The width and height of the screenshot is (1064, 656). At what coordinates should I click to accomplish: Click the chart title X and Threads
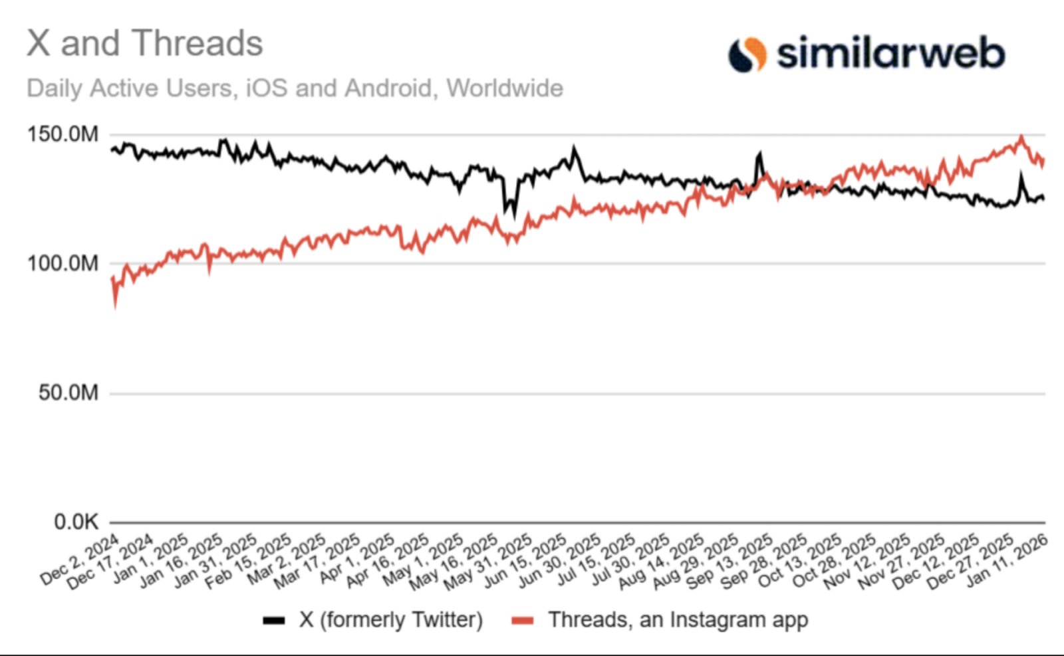click(145, 44)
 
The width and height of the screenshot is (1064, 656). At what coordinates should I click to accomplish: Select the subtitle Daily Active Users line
click(295, 88)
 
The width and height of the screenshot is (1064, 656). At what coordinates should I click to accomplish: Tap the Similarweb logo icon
click(747, 55)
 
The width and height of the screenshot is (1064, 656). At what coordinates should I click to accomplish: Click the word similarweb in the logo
click(891, 53)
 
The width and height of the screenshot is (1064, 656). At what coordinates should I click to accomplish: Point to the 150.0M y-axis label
click(63, 134)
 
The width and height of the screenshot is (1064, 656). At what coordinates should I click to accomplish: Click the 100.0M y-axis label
click(63, 264)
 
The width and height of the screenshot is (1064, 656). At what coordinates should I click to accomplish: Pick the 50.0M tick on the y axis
click(68, 393)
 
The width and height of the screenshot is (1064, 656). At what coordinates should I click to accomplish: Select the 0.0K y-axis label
click(76, 522)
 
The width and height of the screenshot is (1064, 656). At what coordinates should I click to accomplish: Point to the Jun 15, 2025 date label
click(525, 562)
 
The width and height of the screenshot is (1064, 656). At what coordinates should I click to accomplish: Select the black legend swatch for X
click(274, 621)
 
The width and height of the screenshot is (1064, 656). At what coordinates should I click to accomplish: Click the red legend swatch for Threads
click(523, 621)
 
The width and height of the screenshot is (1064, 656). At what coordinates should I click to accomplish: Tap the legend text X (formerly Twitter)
click(391, 620)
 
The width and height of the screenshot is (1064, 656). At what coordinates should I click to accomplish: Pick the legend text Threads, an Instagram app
click(678, 620)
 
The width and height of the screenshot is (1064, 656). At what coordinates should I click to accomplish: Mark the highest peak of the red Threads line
click(1021, 137)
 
